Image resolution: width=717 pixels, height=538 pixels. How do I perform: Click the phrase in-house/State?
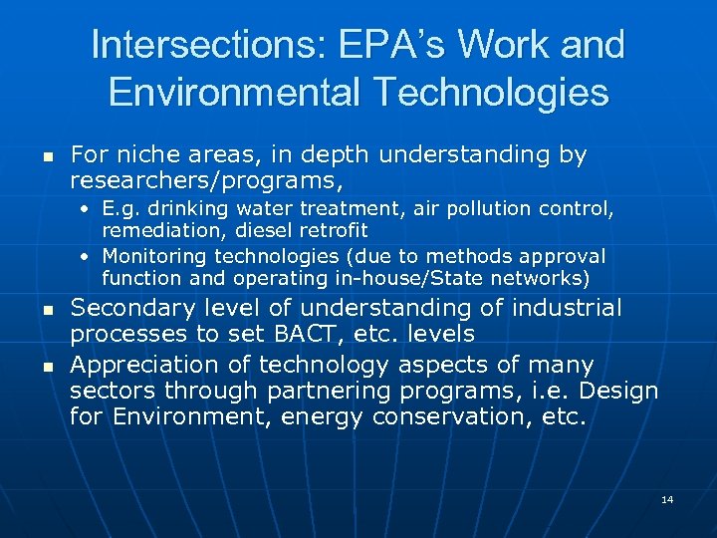[x=413, y=278]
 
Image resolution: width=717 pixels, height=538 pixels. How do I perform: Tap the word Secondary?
[x=129, y=309]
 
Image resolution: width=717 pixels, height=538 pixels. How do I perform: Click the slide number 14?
[x=667, y=499]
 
